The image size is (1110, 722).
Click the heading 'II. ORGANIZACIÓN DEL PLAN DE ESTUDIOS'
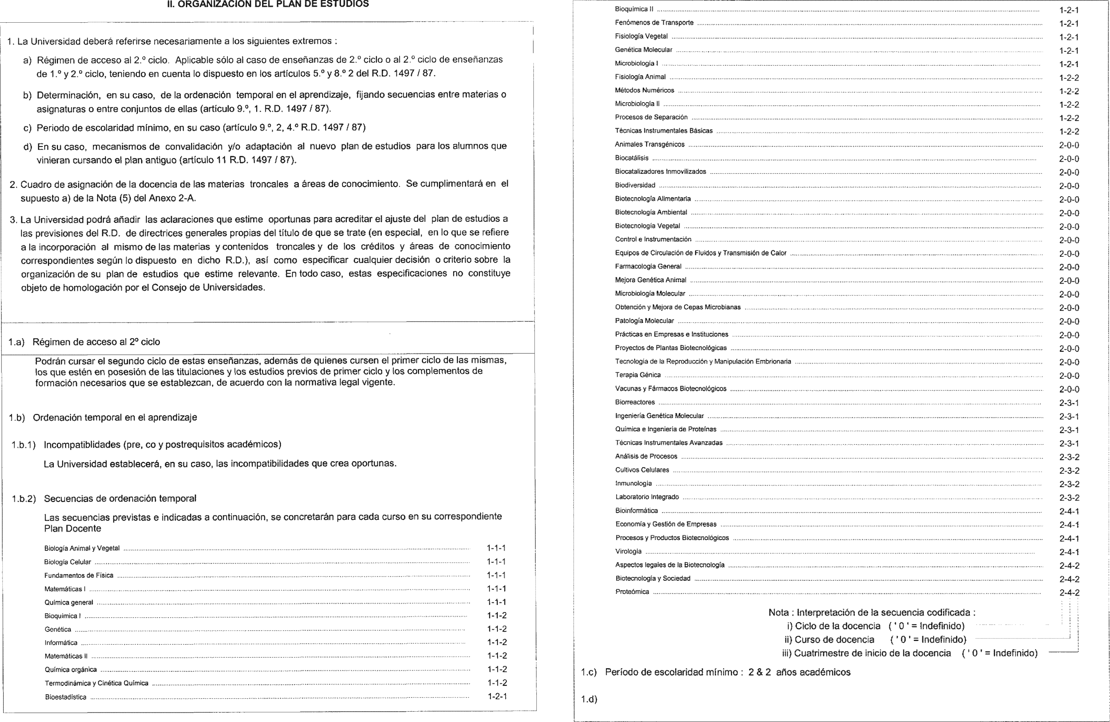point(268,4)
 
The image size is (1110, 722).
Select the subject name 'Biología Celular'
point(68,562)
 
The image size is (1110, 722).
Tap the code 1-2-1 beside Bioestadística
point(497,696)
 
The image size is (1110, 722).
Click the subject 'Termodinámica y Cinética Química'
point(97,683)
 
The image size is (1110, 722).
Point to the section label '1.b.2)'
point(24,499)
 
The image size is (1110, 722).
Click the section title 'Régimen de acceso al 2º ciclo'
point(96,341)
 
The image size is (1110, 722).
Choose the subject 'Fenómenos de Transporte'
point(654,22)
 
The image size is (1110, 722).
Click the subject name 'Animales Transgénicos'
point(650,145)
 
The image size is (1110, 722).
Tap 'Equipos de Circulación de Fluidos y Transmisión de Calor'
point(700,253)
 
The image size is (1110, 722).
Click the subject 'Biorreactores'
point(635,402)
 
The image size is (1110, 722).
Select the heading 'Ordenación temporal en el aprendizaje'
point(115,417)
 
